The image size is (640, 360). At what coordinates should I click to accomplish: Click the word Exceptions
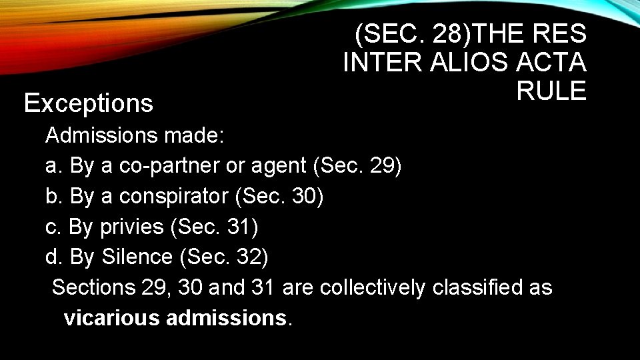coord(89,103)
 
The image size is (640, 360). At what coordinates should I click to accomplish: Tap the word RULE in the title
coord(551,91)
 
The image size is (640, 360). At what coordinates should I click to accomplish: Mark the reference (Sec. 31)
coord(215,227)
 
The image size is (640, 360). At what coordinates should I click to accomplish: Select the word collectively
coord(372,287)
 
